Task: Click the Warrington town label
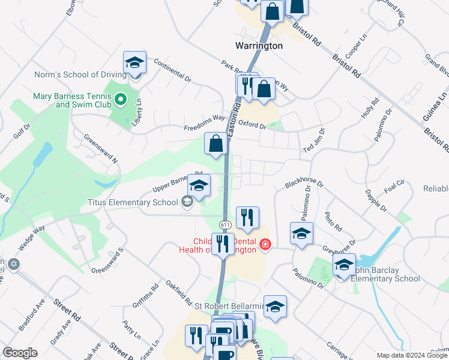coord(258,46)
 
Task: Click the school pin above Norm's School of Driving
coord(135,63)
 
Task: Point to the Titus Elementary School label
coord(133,202)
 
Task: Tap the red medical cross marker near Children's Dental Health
coord(265,244)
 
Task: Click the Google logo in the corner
coord(19,353)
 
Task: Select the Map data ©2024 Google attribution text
coord(412,355)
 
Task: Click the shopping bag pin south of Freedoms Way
coord(215,145)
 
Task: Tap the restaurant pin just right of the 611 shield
coord(247,218)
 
